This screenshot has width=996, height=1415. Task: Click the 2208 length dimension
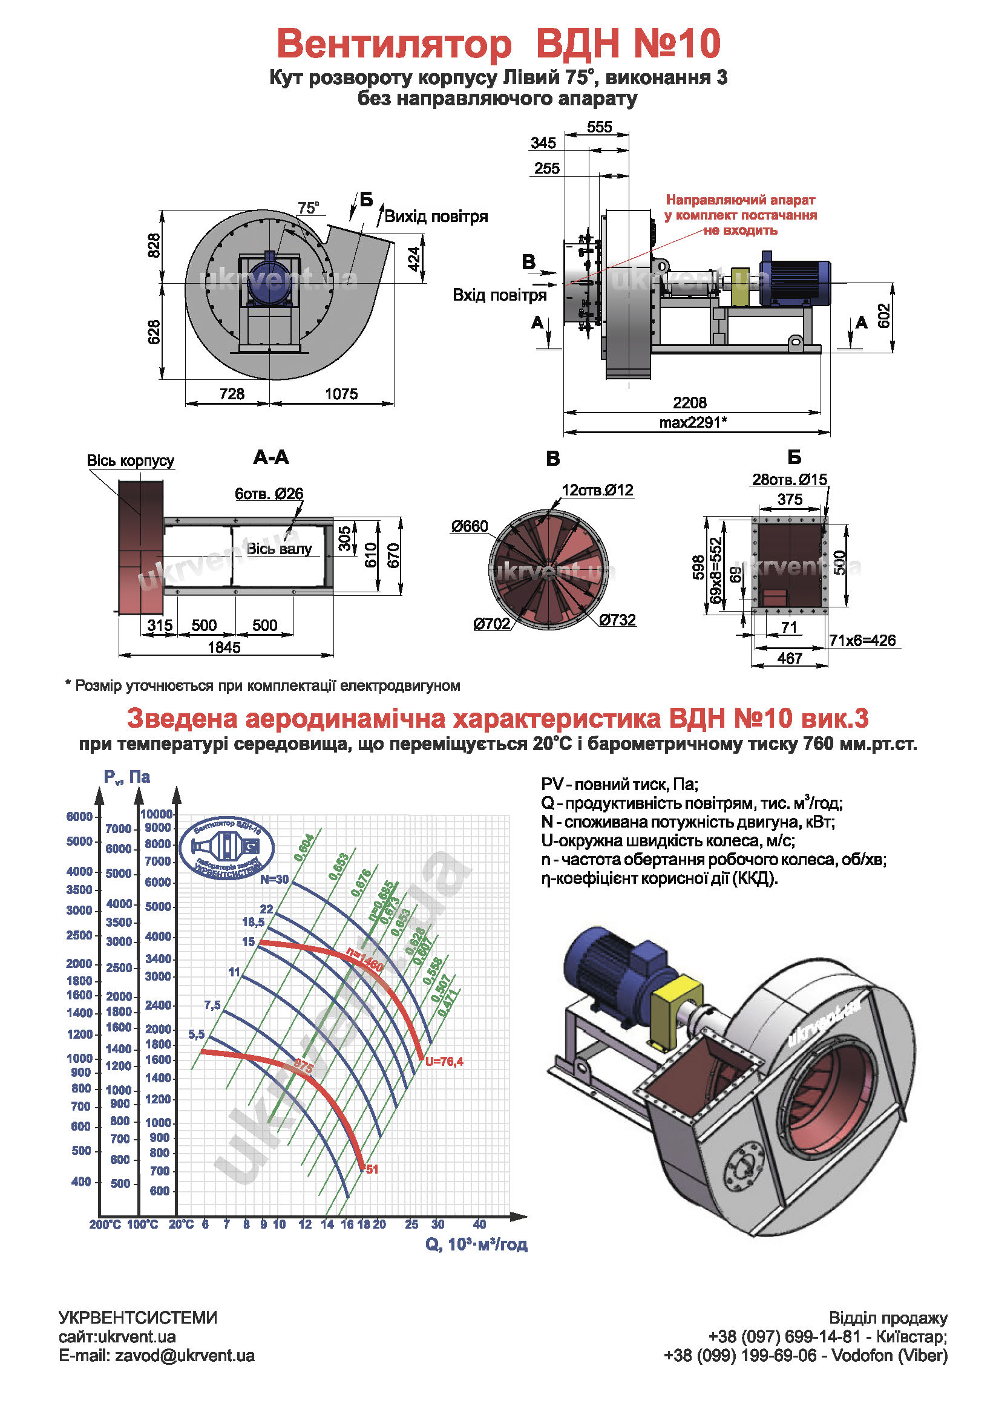(689, 402)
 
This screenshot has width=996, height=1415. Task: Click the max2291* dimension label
(693, 422)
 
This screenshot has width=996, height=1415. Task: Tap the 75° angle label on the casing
(308, 208)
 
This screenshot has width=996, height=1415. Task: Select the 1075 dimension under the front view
(341, 394)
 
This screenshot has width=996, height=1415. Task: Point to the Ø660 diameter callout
(469, 526)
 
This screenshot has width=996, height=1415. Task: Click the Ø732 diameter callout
(617, 620)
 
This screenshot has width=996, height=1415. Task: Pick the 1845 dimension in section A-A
(224, 647)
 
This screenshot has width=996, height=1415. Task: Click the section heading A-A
(270, 457)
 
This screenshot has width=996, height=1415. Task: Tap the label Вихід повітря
(436, 217)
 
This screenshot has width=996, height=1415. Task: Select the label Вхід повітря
(499, 295)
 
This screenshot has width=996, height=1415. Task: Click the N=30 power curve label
(274, 880)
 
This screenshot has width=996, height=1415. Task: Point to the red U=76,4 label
(444, 1061)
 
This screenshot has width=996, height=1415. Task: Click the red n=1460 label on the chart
(365, 961)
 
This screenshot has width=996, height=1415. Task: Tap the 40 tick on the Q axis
(479, 1224)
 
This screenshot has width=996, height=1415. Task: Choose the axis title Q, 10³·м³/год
(476, 1244)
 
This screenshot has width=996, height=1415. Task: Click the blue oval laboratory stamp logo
(227, 849)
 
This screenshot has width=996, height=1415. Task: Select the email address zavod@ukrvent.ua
(185, 1356)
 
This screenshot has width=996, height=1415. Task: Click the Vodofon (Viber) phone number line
(805, 1356)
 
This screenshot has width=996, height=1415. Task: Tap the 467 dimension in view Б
(790, 658)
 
